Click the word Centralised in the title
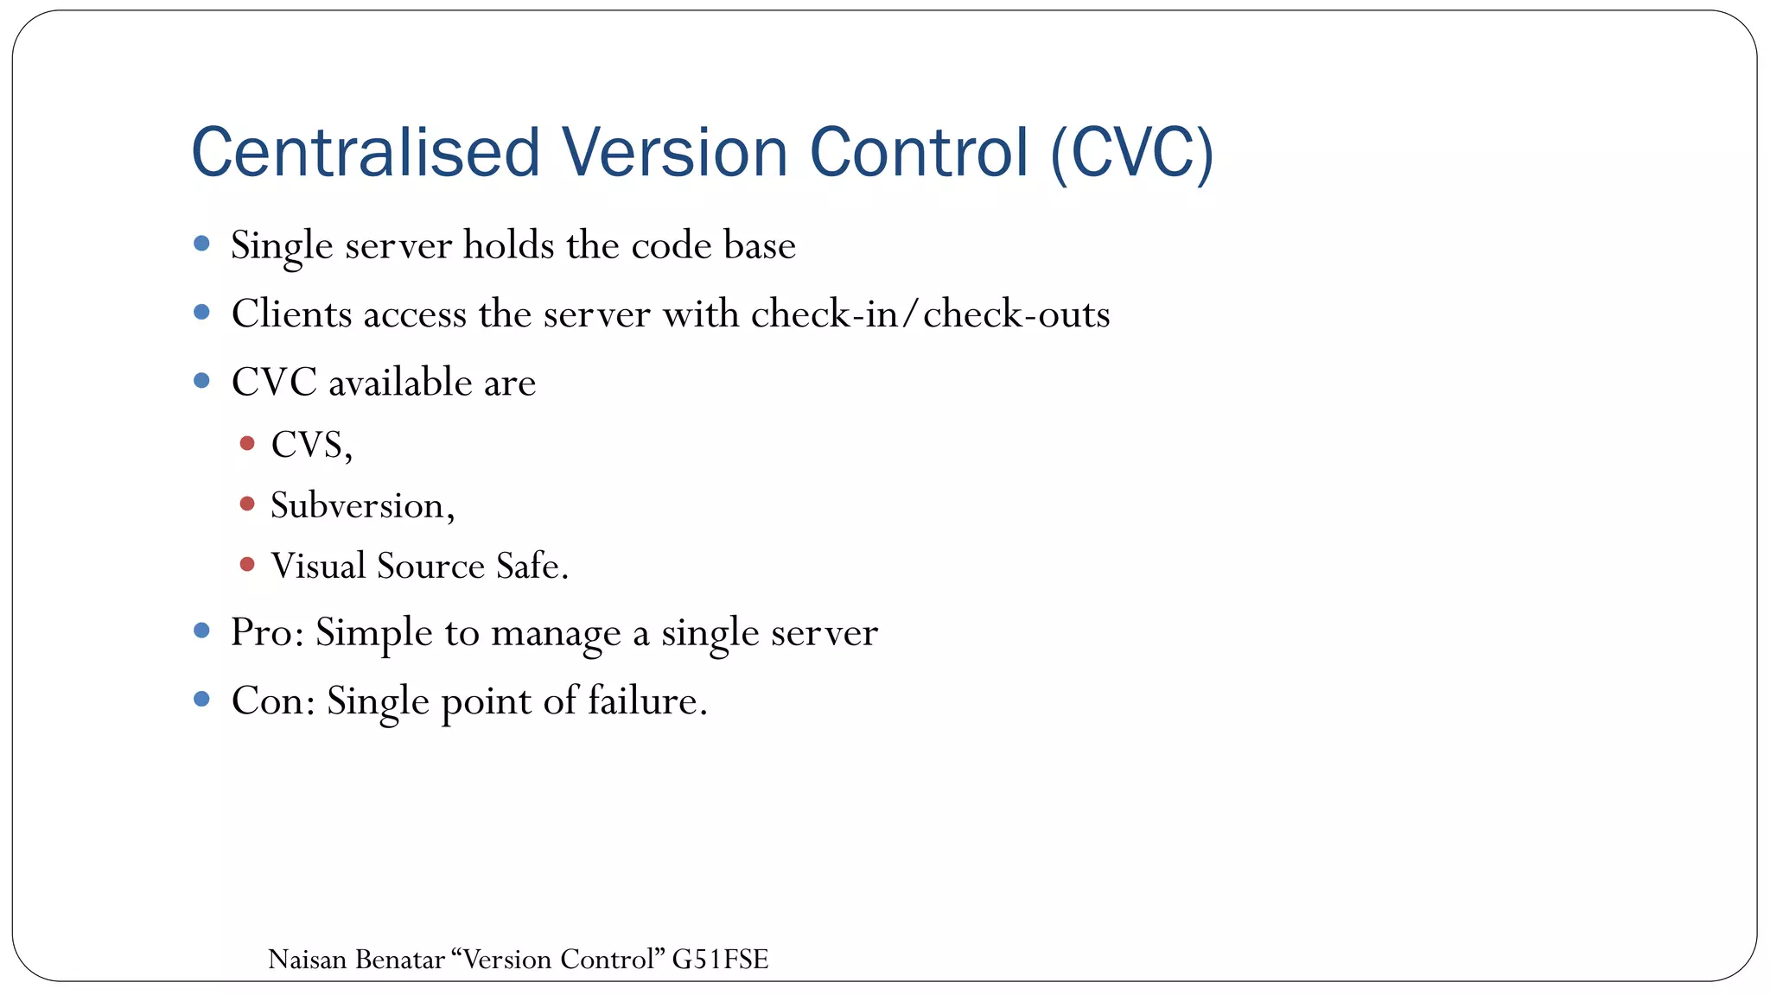(x=366, y=153)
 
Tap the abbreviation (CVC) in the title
(x=1132, y=153)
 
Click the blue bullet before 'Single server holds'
(x=202, y=244)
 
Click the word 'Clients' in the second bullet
(x=291, y=314)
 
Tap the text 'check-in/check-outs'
(x=930, y=314)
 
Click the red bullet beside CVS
(x=247, y=444)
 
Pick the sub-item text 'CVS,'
(x=311, y=446)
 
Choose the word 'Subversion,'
(x=362, y=506)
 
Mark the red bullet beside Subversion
(x=247, y=504)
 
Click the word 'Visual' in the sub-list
(x=318, y=567)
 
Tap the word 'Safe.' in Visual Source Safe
(x=532, y=567)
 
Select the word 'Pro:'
(x=267, y=633)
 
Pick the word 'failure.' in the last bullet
(x=647, y=700)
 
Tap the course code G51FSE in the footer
(x=720, y=960)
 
